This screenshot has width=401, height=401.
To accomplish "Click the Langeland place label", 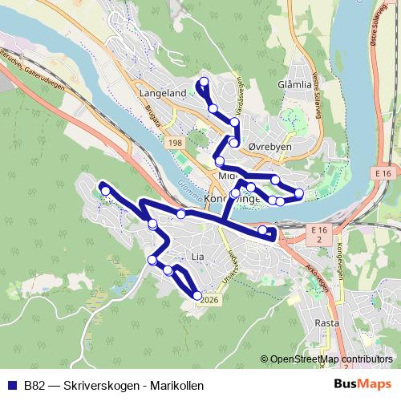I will (162, 93).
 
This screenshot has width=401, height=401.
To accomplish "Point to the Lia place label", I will (199, 257).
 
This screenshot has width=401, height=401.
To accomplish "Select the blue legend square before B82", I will (12, 385).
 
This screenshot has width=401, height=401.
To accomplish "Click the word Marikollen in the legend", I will (176, 385).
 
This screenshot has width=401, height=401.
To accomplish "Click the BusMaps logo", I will (368, 385).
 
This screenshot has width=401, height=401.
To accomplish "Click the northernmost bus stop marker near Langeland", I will (204, 82).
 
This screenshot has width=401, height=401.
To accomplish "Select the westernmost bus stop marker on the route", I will (105, 190).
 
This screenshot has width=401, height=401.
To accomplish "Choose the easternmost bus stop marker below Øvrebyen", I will (299, 193).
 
